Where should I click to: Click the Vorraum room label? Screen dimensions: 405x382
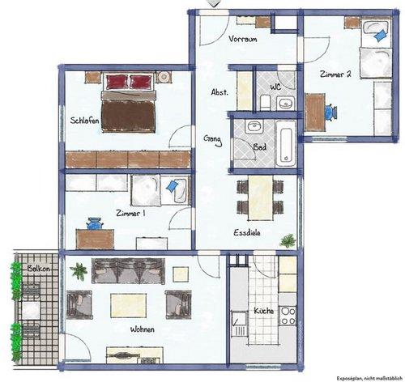coord(243,39)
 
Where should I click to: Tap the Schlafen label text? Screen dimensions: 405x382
coord(84,121)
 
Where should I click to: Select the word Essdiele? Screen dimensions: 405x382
coord(247,232)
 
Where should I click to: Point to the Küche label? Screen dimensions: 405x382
coord(264,311)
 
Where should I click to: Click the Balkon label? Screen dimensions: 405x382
coord(38,269)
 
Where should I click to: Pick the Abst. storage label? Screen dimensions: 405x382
coord(220,92)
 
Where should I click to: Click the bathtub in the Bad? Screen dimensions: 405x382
coord(286,144)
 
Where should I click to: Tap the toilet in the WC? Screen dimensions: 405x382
coord(265,103)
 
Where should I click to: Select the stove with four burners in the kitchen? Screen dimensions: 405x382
coord(288,316)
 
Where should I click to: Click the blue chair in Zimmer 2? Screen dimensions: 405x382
coord(330,112)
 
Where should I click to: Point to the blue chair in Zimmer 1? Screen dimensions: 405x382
coord(94,223)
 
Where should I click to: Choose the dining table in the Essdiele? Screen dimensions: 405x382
coord(261,197)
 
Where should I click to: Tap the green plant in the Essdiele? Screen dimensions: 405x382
coord(288,240)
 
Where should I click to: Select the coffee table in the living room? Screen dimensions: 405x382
coord(129,306)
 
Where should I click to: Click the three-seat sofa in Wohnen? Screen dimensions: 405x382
coord(128,271)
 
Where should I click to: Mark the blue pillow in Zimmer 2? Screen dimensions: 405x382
coord(380,36)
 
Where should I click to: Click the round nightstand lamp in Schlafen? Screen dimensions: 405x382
coord(164,77)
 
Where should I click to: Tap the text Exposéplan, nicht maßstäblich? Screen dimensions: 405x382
coord(369,378)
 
